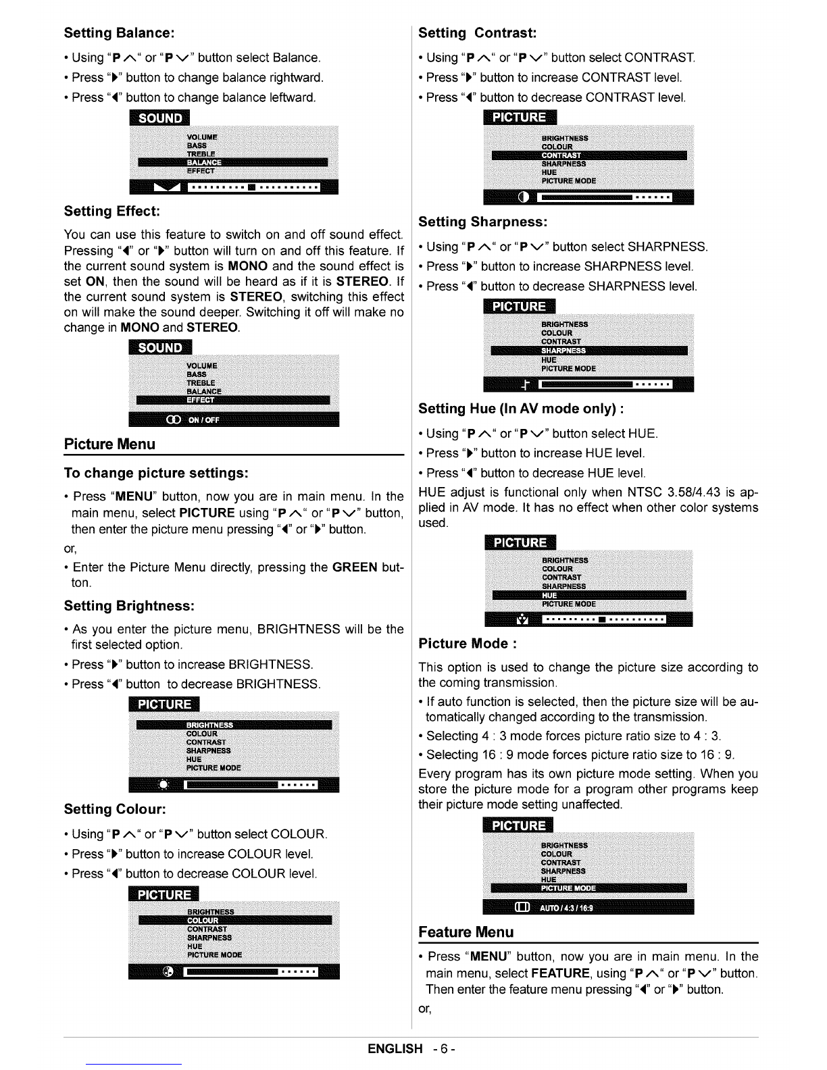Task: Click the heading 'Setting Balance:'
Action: click(119, 32)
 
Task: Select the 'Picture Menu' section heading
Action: click(109, 444)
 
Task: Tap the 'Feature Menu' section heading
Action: click(466, 933)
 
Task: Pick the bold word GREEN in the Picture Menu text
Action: click(355, 567)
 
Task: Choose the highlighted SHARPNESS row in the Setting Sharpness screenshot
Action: click(588, 350)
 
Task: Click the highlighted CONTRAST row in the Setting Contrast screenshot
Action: click(588, 155)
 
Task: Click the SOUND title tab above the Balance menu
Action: click(160, 118)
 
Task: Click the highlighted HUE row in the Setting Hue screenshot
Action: click(588, 595)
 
